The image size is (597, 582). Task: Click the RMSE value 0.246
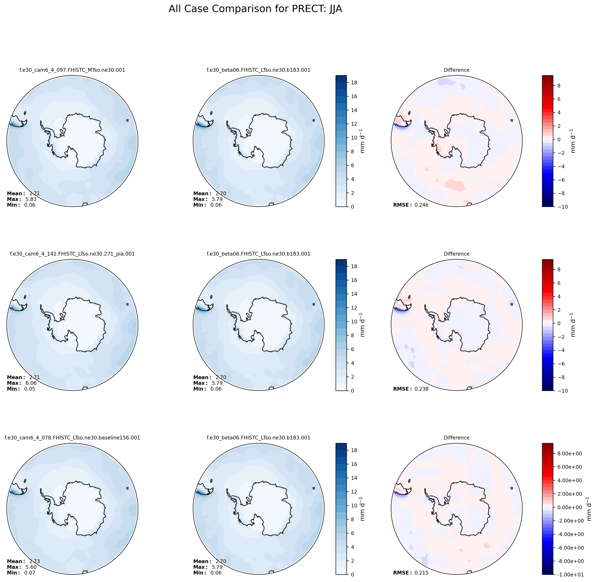[x=421, y=205]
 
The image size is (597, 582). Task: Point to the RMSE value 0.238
[x=421, y=389]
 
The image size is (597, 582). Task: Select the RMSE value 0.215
[x=421, y=573]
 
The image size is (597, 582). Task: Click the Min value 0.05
[x=30, y=389]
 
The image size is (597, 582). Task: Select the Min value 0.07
[x=30, y=573]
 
